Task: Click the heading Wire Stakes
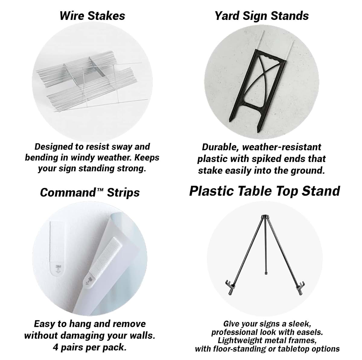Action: [92, 16]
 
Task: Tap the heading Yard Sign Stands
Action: [262, 16]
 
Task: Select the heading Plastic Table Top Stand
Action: [265, 191]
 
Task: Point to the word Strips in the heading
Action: [123, 192]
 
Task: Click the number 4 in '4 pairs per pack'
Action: [56, 347]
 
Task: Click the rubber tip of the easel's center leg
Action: [266, 273]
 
